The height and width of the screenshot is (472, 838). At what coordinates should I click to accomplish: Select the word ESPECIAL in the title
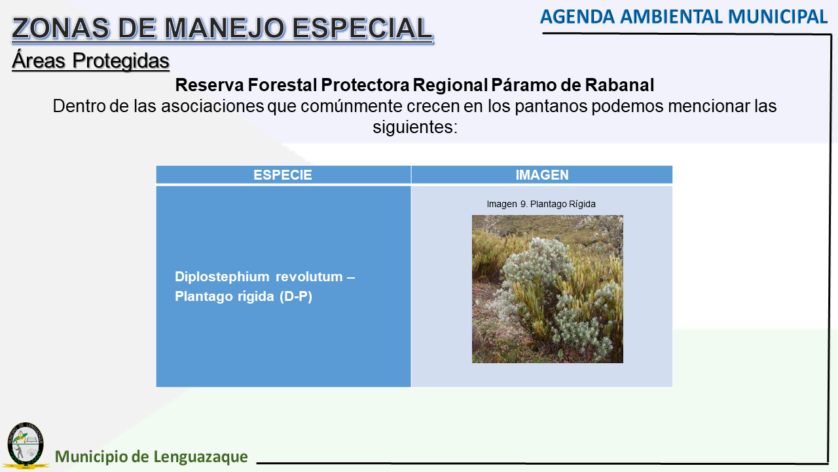pyautogui.click(x=362, y=28)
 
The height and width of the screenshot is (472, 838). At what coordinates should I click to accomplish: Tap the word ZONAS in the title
pyautogui.click(x=60, y=28)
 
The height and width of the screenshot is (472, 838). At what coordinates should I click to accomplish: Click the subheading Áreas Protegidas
pyautogui.click(x=90, y=61)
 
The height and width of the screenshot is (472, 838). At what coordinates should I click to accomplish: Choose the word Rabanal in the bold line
pyautogui.click(x=619, y=85)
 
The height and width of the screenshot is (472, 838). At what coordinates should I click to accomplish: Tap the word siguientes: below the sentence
pyautogui.click(x=415, y=127)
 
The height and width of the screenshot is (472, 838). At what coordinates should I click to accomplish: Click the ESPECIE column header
pyautogui.click(x=282, y=175)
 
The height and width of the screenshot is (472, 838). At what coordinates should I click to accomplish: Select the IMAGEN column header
pyautogui.click(x=542, y=175)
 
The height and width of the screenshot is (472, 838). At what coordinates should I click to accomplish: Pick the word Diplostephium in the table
pyautogui.click(x=222, y=277)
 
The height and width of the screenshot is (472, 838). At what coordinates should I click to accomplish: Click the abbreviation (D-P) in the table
pyautogui.click(x=295, y=297)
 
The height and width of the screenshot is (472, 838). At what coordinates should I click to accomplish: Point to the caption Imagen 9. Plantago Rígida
pyautogui.click(x=541, y=204)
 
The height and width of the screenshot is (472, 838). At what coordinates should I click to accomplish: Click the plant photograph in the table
pyautogui.click(x=547, y=289)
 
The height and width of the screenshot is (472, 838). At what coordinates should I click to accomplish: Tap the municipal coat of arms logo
pyautogui.click(x=26, y=445)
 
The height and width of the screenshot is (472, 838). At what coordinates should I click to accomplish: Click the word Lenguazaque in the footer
pyautogui.click(x=200, y=457)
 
